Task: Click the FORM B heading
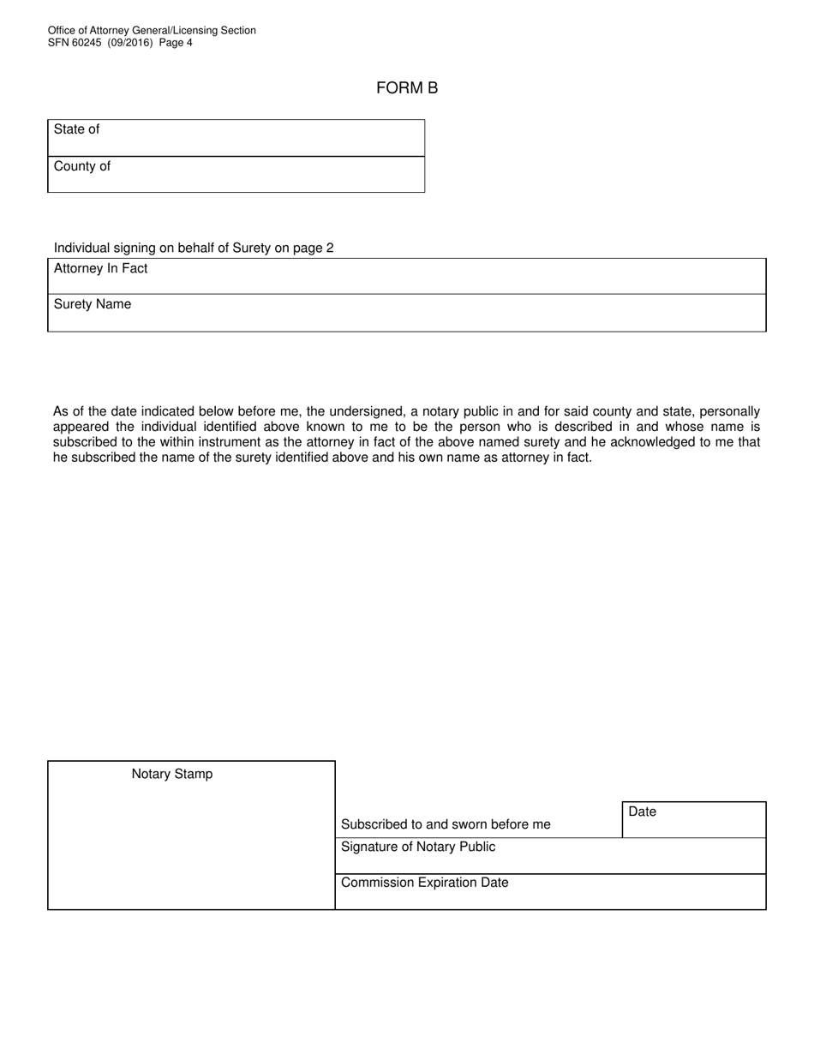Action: (x=407, y=88)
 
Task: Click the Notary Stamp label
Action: (x=172, y=774)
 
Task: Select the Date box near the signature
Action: (x=693, y=820)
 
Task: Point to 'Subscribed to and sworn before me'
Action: (x=446, y=824)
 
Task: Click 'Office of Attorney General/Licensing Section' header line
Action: (x=152, y=31)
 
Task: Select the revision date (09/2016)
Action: (x=131, y=43)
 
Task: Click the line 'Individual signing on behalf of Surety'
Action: (x=194, y=248)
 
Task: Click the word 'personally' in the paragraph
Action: (x=729, y=411)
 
